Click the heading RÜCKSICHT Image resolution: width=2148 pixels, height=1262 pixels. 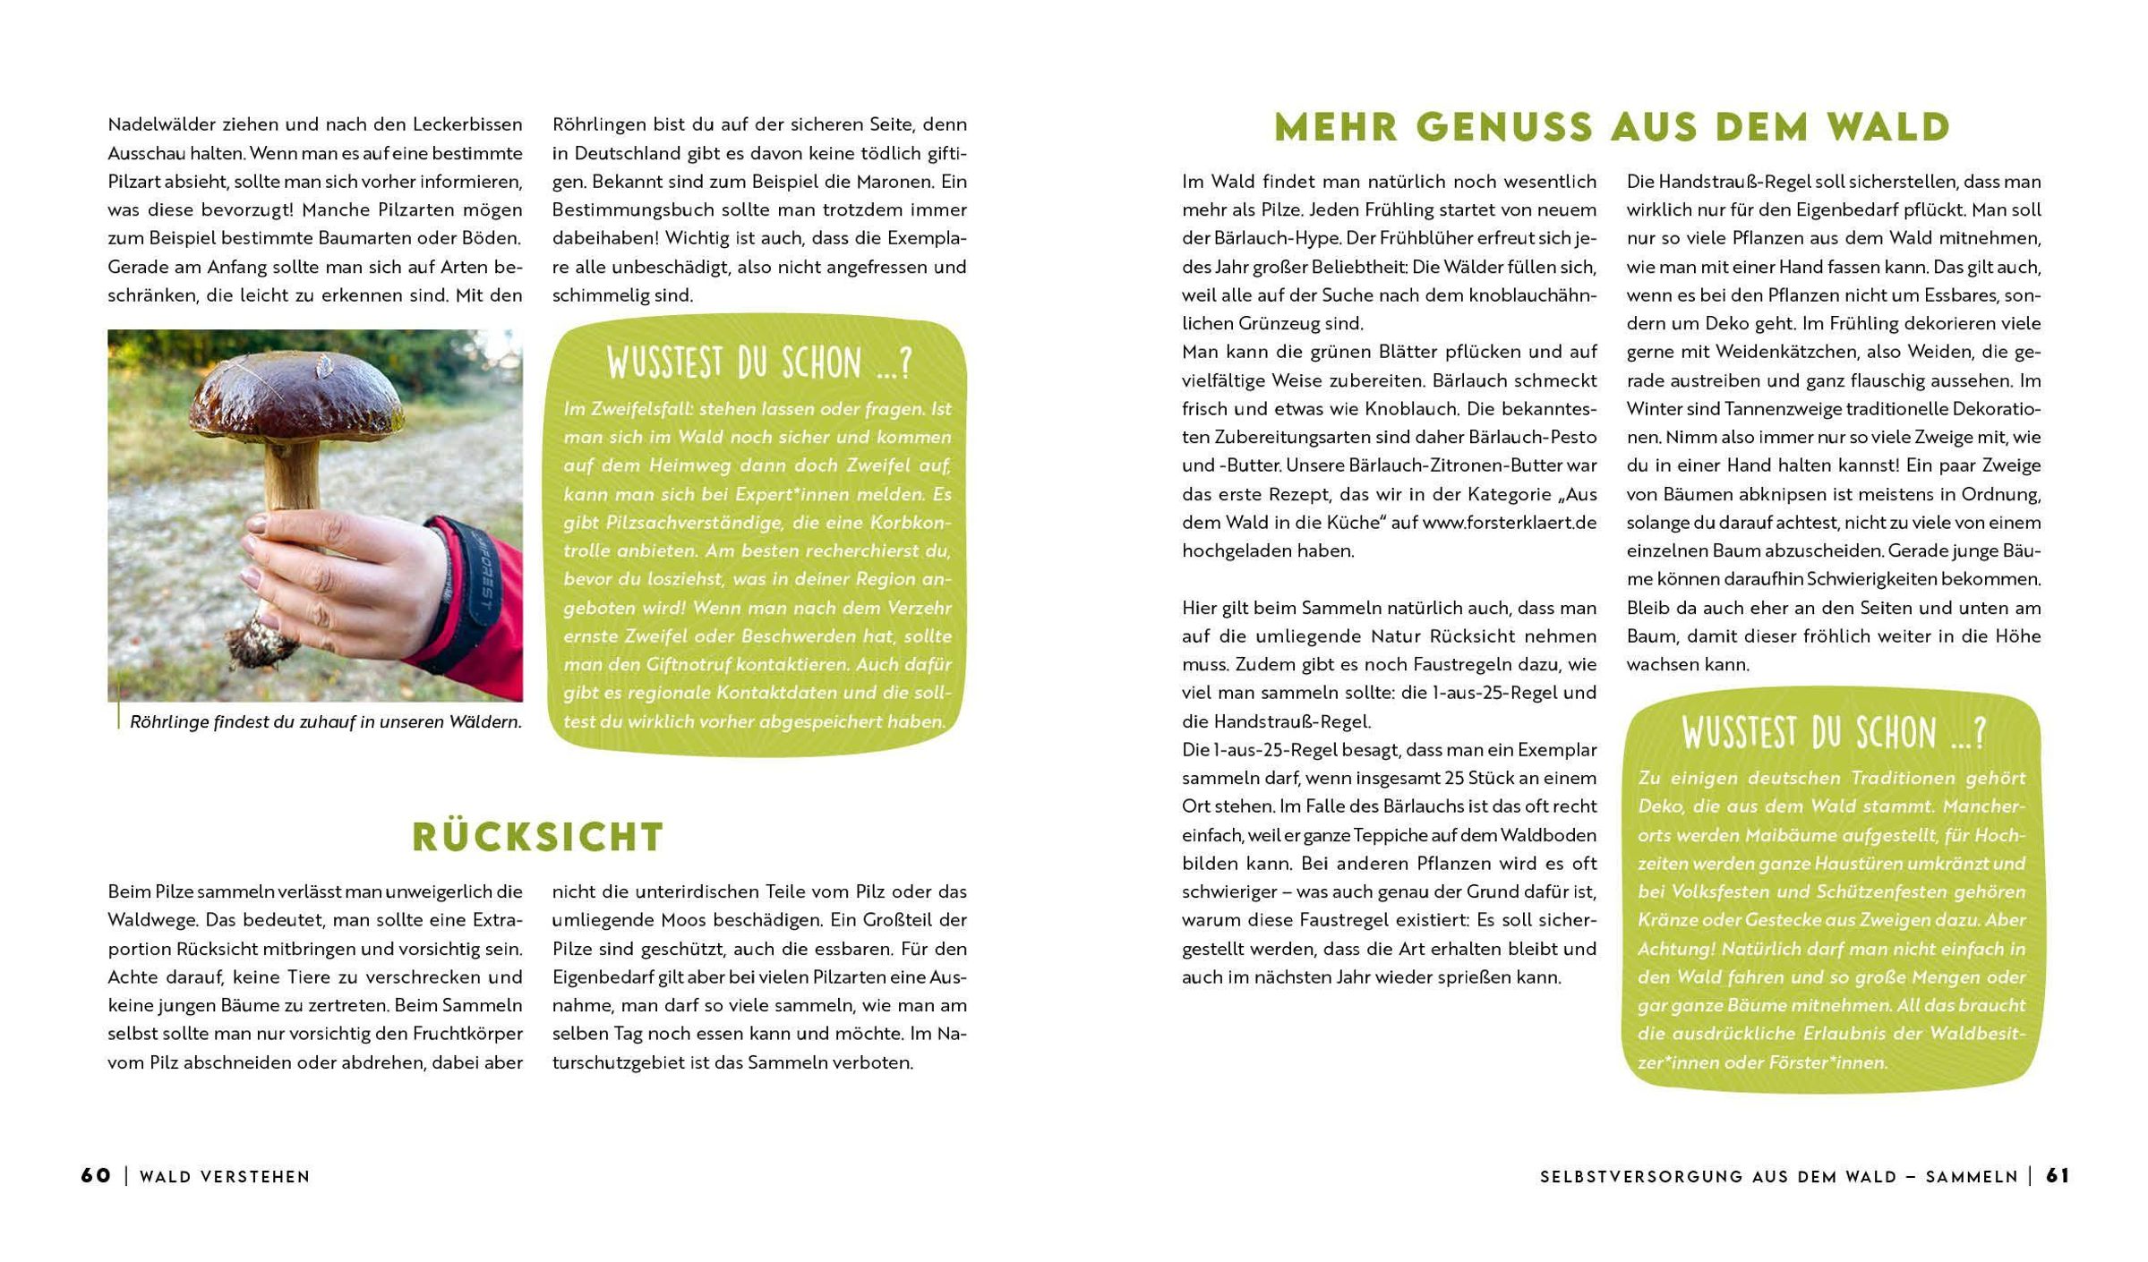pyautogui.click(x=537, y=837)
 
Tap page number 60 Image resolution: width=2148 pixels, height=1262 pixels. pyautogui.click(x=96, y=1175)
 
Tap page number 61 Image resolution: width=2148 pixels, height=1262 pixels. pyautogui.click(x=2058, y=1175)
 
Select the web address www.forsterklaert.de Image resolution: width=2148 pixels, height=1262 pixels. pyautogui.click(x=1509, y=522)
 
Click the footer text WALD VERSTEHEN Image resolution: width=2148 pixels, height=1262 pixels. pyautogui.click(x=225, y=1176)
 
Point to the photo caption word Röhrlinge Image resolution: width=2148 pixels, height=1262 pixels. pyautogui.click(x=169, y=721)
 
